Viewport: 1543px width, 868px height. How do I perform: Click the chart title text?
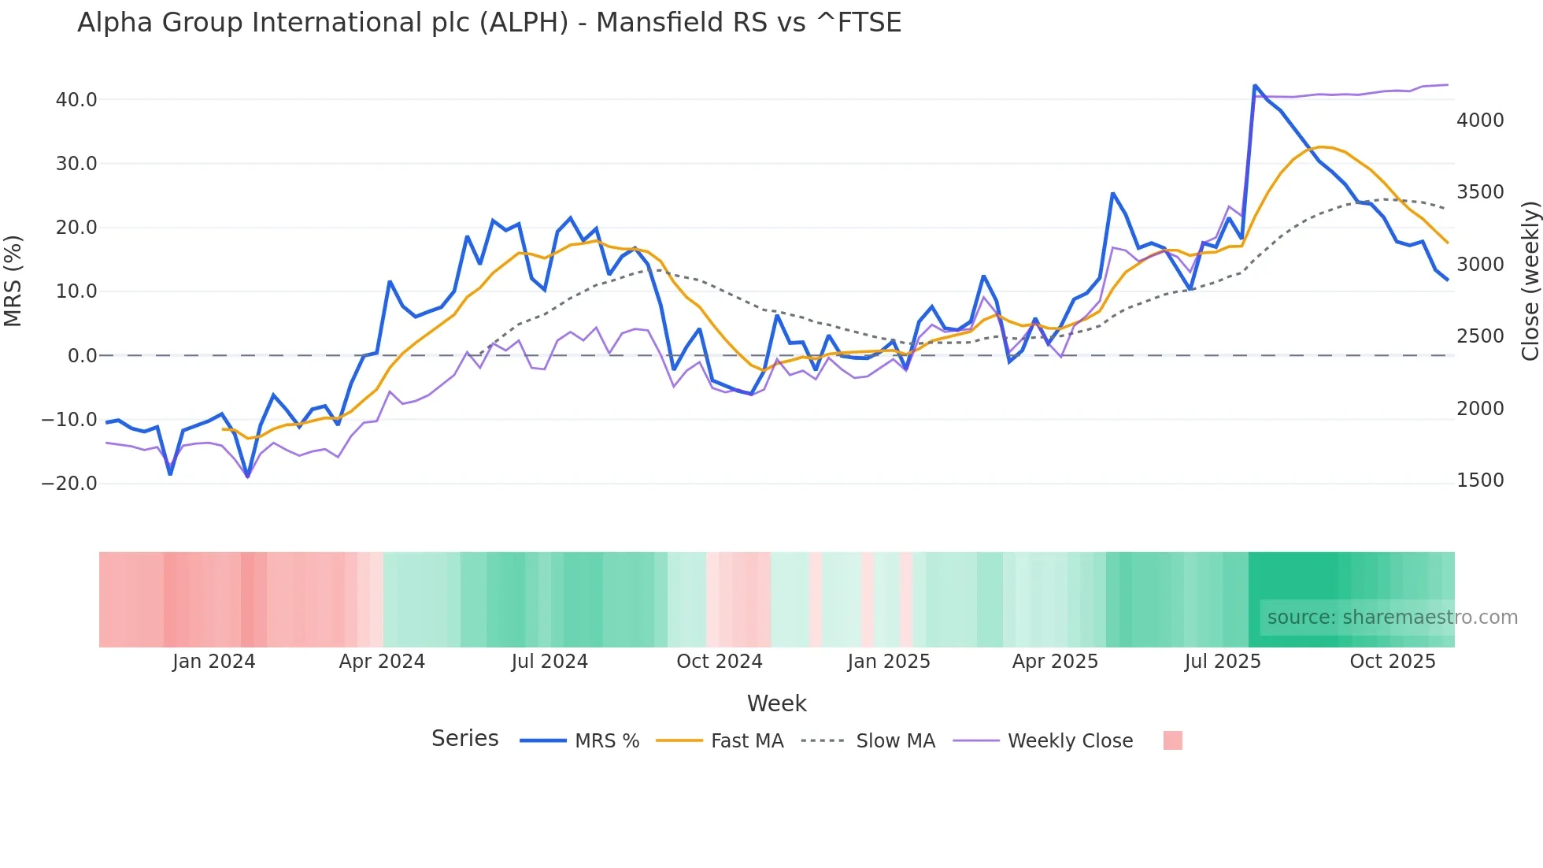pos(489,23)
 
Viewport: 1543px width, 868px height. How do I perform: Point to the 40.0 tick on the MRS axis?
pos(76,100)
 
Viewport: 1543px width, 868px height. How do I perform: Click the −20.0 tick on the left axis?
pos(69,484)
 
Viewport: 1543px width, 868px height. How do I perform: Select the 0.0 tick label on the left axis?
pos(82,356)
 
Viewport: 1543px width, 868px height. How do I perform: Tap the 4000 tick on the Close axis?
pos(1480,121)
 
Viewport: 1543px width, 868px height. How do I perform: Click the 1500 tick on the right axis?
pos(1480,480)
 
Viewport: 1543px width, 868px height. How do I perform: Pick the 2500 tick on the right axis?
pos(1480,336)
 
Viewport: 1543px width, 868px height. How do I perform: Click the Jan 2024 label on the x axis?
pos(213,662)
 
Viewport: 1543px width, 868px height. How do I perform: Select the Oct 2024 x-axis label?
pos(720,662)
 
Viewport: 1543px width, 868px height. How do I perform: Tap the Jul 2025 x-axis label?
pos(1223,662)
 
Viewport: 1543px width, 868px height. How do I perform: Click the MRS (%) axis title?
pos(13,280)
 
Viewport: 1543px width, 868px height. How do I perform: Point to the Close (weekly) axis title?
pos(1530,280)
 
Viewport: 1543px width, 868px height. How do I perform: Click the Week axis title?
pos(776,703)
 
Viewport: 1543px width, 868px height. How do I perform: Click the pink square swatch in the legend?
pos(1172,741)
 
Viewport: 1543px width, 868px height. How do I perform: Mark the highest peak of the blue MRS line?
pos(1255,85)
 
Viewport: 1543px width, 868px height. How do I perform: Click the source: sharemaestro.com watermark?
pos(1392,618)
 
